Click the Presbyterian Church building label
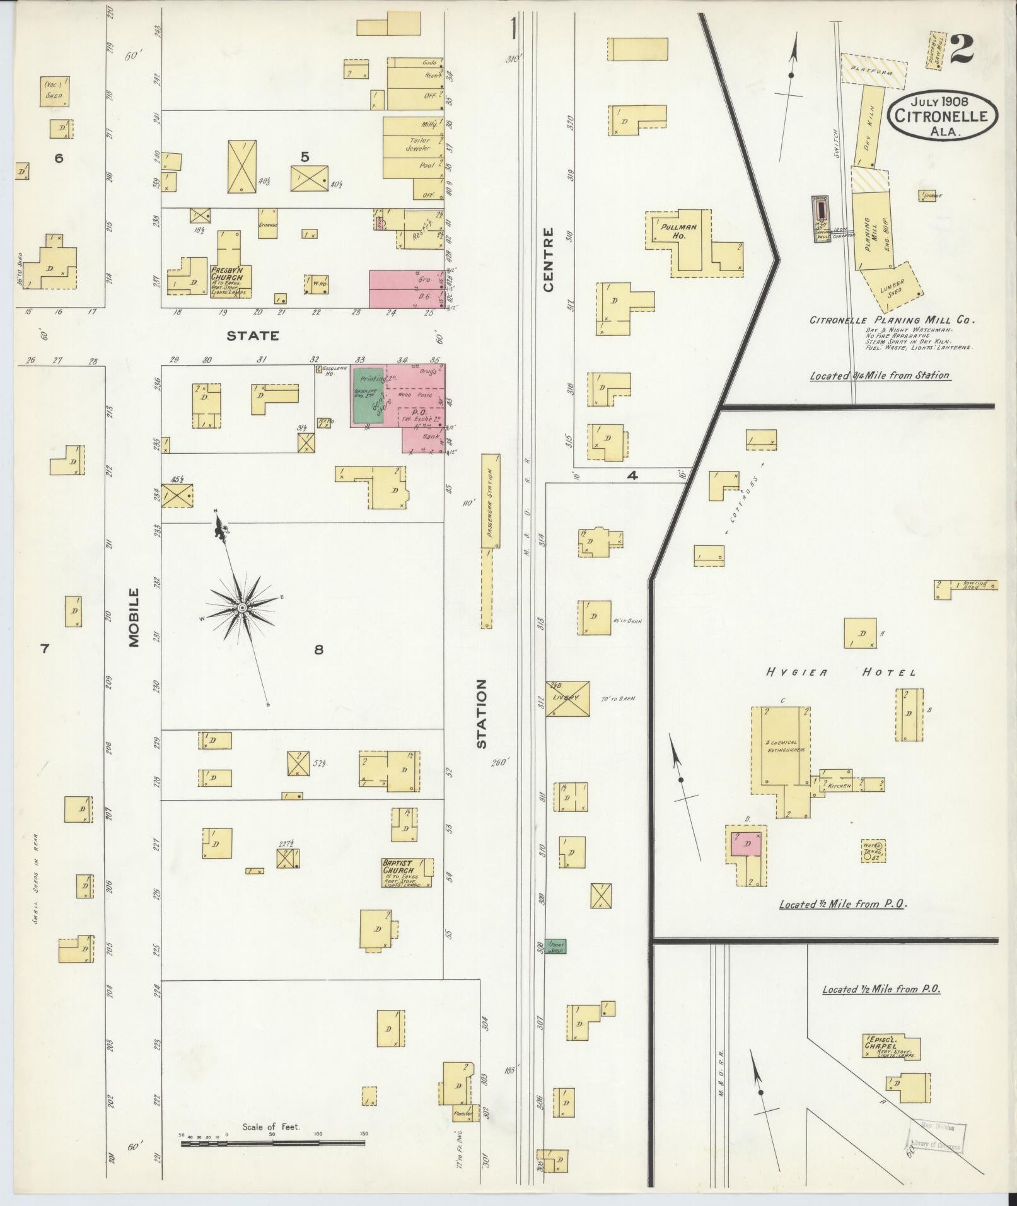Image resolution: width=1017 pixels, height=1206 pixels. click(230, 274)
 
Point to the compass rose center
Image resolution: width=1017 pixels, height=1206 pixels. click(241, 607)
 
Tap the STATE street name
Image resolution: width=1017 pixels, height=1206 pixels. click(252, 336)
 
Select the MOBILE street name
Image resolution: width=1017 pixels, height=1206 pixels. click(133, 617)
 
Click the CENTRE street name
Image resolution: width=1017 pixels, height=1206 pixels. click(547, 260)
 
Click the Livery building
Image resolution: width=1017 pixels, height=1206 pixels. click(567, 698)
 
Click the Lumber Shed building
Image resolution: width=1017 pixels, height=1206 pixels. click(893, 287)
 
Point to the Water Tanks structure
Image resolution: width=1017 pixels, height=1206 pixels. click(873, 851)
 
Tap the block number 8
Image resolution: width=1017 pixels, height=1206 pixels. click(318, 649)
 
